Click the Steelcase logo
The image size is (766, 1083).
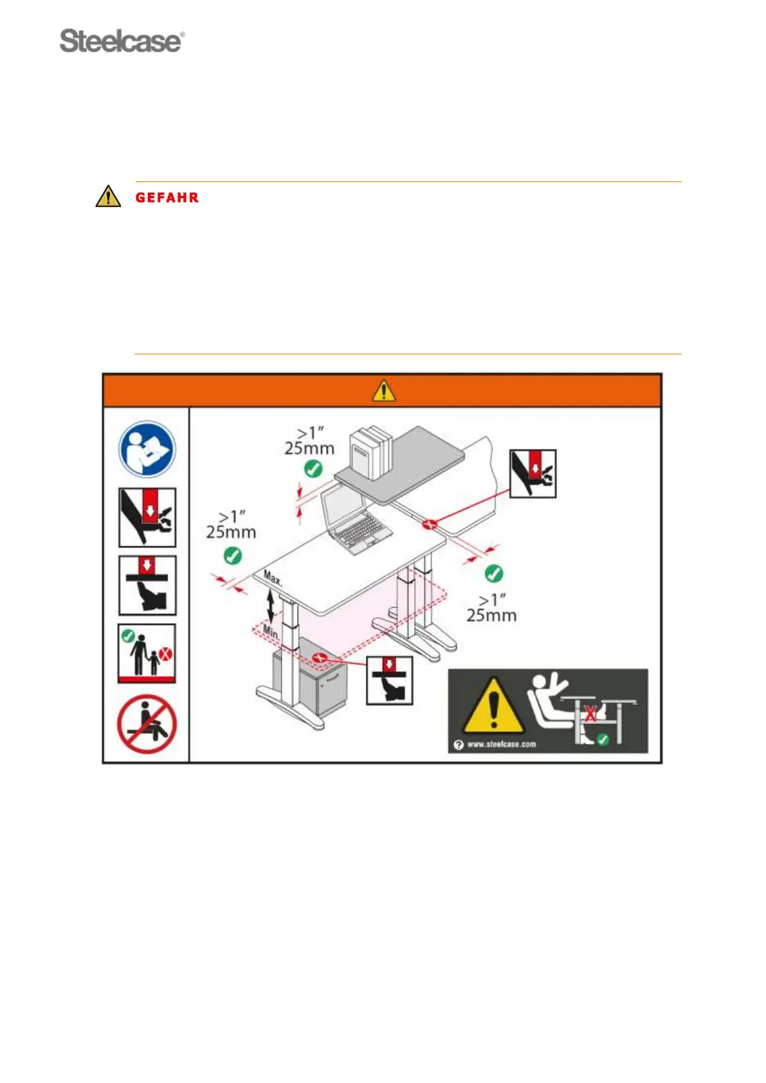pyautogui.click(x=122, y=41)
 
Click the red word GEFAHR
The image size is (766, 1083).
pyautogui.click(x=167, y=197)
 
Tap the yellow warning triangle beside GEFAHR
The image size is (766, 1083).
pyautogui.click(x=108, y=196)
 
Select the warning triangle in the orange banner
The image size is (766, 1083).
pyautogui.click(x=383, y=390)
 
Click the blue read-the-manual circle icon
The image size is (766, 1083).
pyautogui.click(x=147, y=450)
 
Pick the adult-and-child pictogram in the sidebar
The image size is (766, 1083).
pyautogui.click(x=147, y=653)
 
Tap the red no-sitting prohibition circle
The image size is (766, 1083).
pyautogui.click(x=147, y=724)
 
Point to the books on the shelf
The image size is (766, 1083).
pyautogui.click(x=370, y=452)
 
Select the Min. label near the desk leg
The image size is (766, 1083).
pyautogui.click(x=271, y=632)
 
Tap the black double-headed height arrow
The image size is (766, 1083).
pyautogui.click(x=271, y=606)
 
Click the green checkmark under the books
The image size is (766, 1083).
pyautogui.click(x=313, y=469)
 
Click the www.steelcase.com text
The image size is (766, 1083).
pyautogui.click(x=501, y=744)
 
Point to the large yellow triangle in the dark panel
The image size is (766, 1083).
pyautogui.click(x=493, y=707)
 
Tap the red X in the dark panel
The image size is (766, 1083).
pyautogui.click(x=590, y=713)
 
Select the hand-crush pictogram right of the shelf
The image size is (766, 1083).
pyautogui.click(x=533, y=473)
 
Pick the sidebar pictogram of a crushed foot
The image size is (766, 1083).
pyautogui.click(x=147, y=585)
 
